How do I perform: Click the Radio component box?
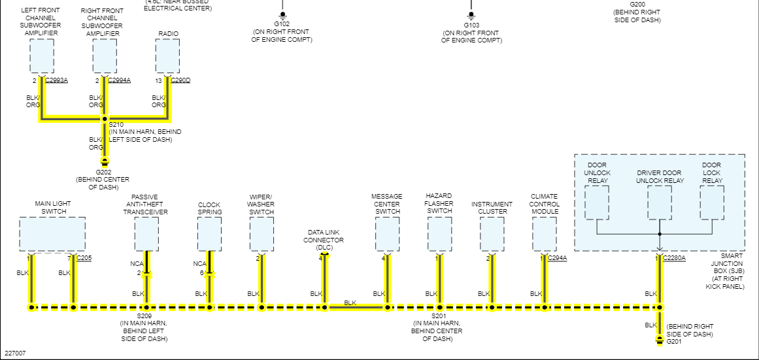[x=167, y=56]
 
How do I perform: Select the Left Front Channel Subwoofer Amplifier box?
[x=42, y=56]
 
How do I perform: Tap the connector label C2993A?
[x=56, y=80]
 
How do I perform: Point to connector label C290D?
[x=180, y=80]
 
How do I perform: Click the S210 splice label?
[x=116, y=124]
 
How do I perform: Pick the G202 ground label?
[x=103, y=172]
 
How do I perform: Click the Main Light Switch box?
[x=52, y=234]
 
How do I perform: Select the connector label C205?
[x=84, y=258]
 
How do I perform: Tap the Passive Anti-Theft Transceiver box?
[x=146, y=234]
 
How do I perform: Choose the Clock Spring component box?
[x=209, y=234]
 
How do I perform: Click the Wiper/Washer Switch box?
[x=261, y=234]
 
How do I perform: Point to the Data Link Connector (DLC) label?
[x=324, y=240]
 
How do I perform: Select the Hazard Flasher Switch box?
[x=439, y=234]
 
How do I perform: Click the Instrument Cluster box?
[x=492, y=234]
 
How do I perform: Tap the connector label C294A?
[x=558, y=258]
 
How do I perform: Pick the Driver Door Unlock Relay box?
[x=660, y=203]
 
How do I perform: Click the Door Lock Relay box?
[x=712, y=203]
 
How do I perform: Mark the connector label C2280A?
[x=675, y=258]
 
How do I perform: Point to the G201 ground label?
[x=674, y=341]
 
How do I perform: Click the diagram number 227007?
[x=16, y=353]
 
